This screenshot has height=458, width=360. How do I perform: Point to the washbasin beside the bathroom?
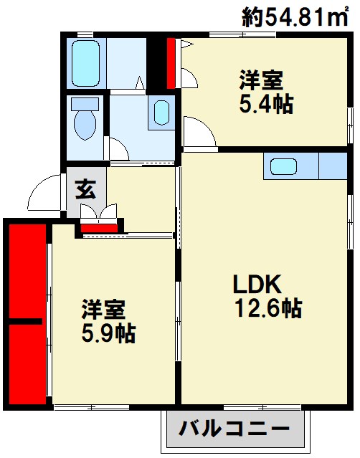tap(161, 112)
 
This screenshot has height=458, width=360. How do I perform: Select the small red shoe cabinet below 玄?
tap(99, 229)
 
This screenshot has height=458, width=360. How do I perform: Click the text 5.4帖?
tap(265, 104)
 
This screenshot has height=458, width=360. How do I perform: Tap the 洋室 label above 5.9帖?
tap(103, 310)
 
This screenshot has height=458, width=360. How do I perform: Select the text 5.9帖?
tap(108, 333)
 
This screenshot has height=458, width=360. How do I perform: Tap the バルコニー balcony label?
tap(235, 431)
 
